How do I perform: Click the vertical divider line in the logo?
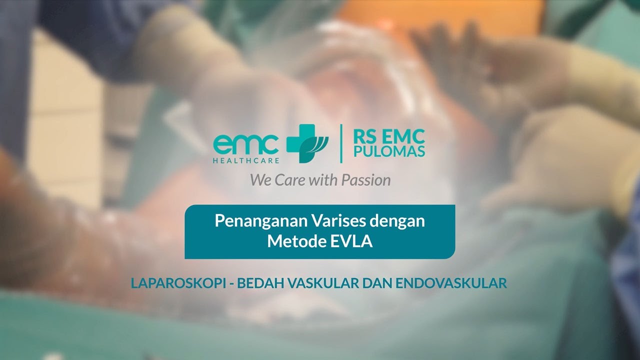[x=341, y=144]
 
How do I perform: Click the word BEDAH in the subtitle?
[x=256, y=283]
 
